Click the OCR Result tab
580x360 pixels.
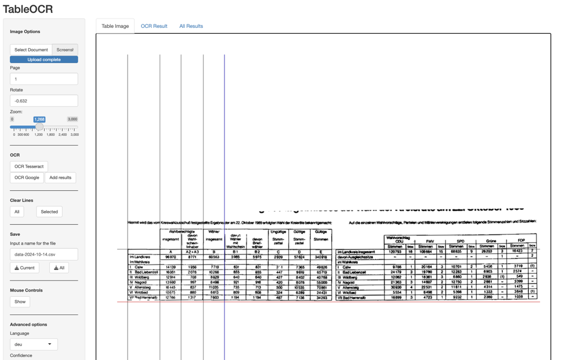point(154,26)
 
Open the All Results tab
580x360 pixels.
point(191,26)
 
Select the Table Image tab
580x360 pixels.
point(115,26)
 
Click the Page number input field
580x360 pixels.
point(43,79)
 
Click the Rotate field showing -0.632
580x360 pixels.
point(43,101)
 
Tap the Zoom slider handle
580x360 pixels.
point(39,126)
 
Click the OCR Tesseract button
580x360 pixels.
point(29,166)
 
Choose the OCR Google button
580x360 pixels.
point(27,177)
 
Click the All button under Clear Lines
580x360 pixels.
point(17,212)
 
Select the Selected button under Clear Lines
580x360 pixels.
point(49,212)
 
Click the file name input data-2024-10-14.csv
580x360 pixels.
point(43,254)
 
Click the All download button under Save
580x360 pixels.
point(59,268)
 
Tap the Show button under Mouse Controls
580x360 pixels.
point(20,301)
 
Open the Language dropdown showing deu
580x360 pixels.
point(33,344)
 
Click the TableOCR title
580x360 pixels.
point(28,9)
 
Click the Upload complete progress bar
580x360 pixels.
point(43,59)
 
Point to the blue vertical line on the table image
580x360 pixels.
point(224,145)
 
